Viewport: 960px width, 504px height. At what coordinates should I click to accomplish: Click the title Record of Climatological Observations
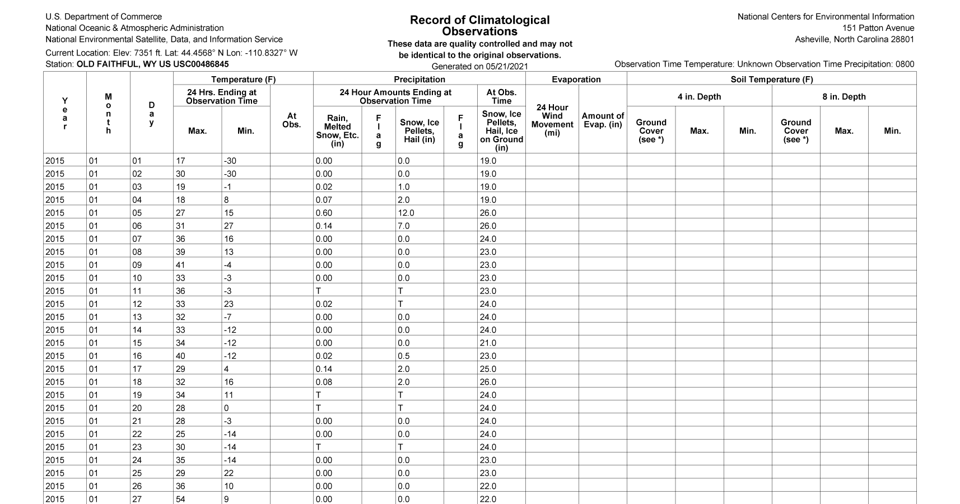[x=479, y=26]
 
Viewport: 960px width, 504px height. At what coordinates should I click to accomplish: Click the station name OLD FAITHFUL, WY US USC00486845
[x=152, y=64]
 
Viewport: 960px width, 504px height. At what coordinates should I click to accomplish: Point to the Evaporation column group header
[x=576, y=80]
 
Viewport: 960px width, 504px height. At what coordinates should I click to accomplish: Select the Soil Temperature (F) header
[x=771, y=80]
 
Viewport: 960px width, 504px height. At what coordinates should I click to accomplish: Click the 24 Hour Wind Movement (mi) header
[x=552, y=120]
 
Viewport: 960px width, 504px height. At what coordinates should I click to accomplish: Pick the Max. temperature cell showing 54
[x=180, y=499]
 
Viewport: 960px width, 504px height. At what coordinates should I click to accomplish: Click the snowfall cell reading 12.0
[x=406, y=213]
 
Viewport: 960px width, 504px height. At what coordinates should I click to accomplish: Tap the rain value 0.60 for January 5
[x=324, y=213]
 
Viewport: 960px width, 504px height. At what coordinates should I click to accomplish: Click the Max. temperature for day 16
[x=180, y=356]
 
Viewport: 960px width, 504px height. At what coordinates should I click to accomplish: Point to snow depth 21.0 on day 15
[x=488, y=343]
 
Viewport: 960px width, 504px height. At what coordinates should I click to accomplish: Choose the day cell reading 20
[x=137, y=408]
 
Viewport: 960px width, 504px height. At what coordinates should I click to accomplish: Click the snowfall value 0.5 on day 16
[x=403, y=356]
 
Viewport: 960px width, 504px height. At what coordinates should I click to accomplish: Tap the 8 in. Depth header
[x=844, y=96]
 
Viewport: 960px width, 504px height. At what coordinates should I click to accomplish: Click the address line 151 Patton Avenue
[x=878, y=28]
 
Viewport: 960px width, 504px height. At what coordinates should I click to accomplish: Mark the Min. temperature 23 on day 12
[x=229, y=304]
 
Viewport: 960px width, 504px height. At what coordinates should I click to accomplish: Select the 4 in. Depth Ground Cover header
[x=651, y=130]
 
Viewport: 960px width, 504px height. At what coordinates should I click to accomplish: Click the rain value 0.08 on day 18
[x=324, y=382]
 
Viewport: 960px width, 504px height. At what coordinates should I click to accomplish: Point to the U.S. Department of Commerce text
[x=104, y=17]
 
